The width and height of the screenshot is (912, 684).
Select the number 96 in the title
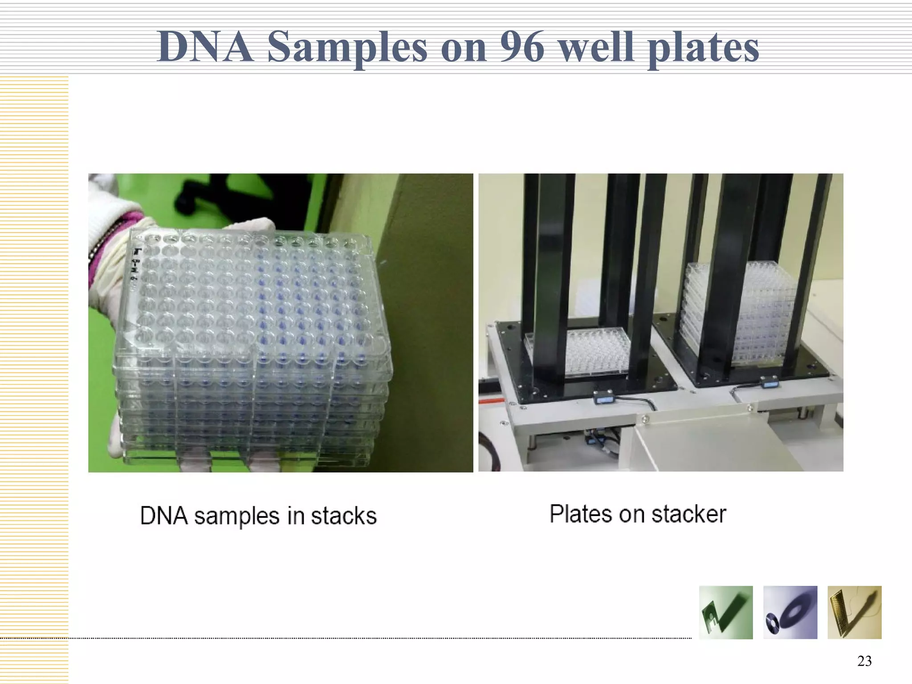pos(521,47)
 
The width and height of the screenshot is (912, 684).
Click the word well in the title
pos(596,47)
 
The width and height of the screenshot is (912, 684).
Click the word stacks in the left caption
pos(343,516)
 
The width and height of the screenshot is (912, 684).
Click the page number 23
pos(864,661)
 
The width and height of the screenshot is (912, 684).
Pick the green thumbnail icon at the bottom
pos(726,612)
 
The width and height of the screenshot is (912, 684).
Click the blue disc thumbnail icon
pos(790,612)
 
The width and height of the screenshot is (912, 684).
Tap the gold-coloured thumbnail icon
pos(854,612)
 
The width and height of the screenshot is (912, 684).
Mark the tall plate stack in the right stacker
pos(739,316)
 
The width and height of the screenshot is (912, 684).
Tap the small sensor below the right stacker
pos(769,381)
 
